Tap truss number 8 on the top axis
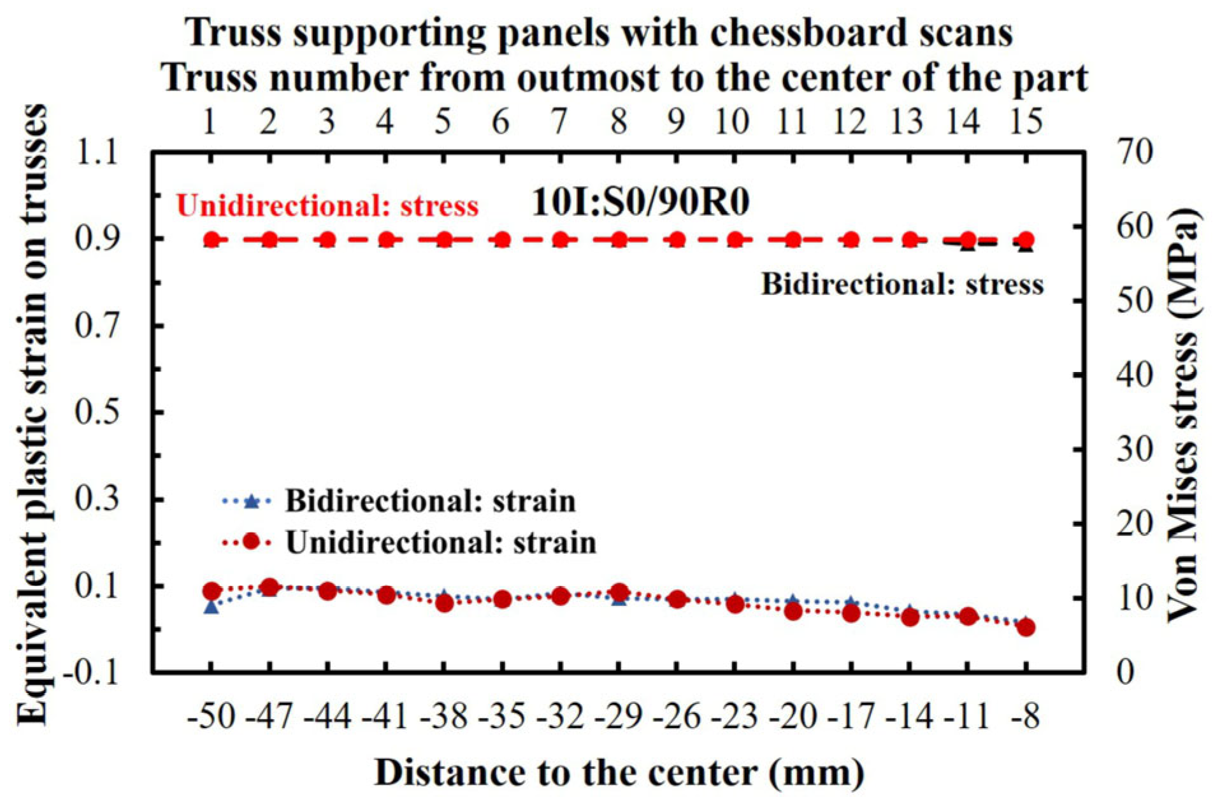click(618, 120)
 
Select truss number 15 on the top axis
click(1026, 120)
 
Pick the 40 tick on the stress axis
click(1135, 375)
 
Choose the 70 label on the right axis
click(1135, 153)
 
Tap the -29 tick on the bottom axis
click(618, 716)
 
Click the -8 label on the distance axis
click(1026, 716)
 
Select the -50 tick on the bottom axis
click(211, 716)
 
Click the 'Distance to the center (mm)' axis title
click(619, 772)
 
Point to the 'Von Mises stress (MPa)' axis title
click(1182, 414)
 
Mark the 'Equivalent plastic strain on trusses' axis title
click(32, 414)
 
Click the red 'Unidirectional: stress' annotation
click(327, 206)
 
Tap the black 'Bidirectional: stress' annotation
click(902, 284)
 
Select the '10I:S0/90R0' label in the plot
click(640, 203)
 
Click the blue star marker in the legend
click(251, 502)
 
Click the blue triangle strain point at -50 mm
click(212, 607)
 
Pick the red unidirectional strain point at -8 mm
click(1026, 628)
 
